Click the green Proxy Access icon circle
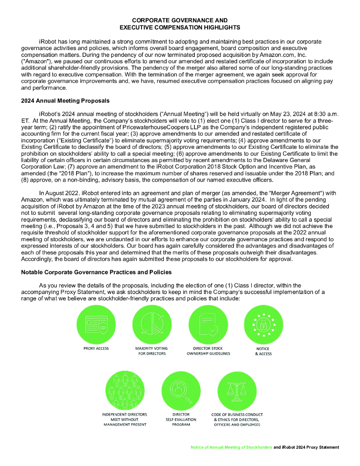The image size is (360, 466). tap(96, 324)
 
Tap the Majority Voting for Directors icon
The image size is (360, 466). tap(152, 324)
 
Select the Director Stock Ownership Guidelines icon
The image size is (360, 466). tap(208, 324)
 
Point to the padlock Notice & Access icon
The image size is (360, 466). tap(264, 324)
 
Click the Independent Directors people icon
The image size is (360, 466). tap(125, 390)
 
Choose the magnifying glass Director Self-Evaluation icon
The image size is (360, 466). tap(181, 390)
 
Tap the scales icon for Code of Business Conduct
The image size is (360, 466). tap(237, 390)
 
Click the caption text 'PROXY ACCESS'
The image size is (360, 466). tap(96, 349)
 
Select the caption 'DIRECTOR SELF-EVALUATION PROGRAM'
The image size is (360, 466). tap(181, 419)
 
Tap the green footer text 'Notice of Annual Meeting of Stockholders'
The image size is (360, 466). tap(232, 447)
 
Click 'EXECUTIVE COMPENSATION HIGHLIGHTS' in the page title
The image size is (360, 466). tap(179, 27)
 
